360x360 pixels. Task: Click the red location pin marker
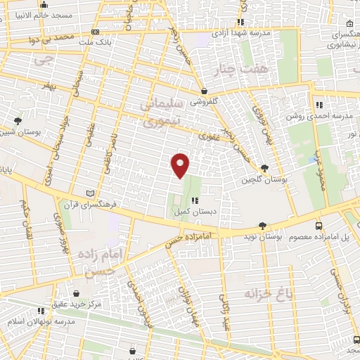click(181, 165)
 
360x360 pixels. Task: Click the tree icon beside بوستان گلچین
click(264, 167)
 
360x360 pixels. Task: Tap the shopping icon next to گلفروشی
click(204, 91)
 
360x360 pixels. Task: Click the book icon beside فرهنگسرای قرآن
click(88, 193)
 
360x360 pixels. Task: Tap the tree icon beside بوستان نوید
click(262, 226)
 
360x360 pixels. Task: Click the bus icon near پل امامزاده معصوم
click(319, 226)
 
